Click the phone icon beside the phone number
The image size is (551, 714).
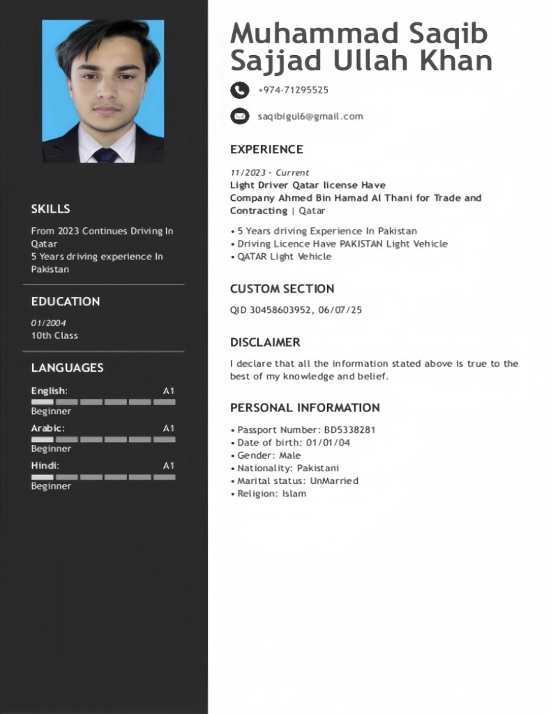coord(239,90)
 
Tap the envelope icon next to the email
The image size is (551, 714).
coord(239,116)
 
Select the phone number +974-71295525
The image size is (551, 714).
coord(293,90)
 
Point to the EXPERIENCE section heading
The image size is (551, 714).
coord(266,149)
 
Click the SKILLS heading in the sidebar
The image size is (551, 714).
coord(50,208)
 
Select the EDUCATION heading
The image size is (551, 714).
coord(66,301)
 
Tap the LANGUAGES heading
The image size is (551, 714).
coord(67,367)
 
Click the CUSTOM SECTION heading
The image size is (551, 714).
coord(282,289)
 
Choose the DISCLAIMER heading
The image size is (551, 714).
coord(265,342)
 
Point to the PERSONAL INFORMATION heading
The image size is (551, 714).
coord(305,408)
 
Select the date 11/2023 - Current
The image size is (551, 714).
coord(269,172)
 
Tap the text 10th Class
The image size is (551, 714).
coord(54,335)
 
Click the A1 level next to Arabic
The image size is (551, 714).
coord(169,428)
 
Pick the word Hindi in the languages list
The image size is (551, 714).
coord(44,465)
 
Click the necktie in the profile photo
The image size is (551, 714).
coord(106,154)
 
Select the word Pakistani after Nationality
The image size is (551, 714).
coord(318,469)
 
